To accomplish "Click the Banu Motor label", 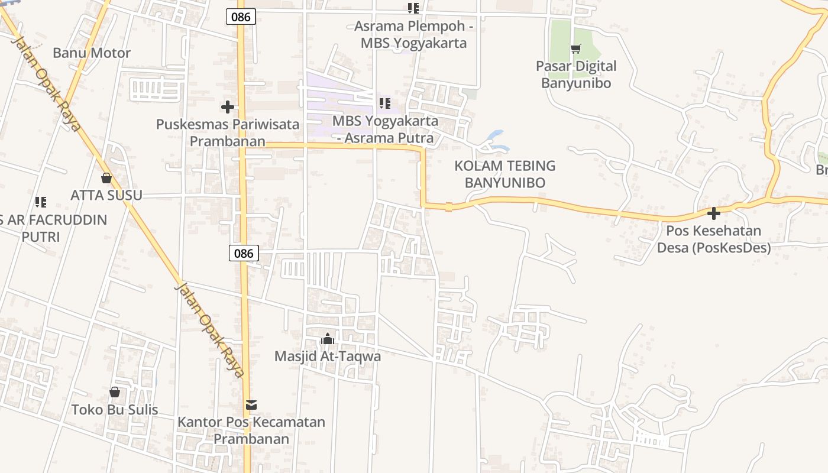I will (92, 53).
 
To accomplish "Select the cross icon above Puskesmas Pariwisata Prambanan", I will (227, 107).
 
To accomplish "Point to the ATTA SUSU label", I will (106, 195).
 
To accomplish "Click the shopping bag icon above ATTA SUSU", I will (106, 177).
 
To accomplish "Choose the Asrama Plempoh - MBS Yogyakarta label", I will (413, 35).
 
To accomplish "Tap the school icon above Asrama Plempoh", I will (413, 8).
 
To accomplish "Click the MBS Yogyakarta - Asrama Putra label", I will (386, 129).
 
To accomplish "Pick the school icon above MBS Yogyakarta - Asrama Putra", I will (385, 103).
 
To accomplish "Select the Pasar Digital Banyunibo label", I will (576, 74).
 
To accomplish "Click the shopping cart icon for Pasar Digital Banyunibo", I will (575, 48).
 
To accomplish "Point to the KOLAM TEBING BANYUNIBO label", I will (504, 174).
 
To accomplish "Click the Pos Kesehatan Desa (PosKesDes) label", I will (714, 239).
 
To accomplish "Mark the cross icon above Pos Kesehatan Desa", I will (714, 213).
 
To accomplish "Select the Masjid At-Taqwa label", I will (328, 357).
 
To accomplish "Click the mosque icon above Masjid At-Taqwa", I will (327, 339).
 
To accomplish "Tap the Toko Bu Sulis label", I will (115, 410).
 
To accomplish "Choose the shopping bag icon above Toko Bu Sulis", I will (115, 392).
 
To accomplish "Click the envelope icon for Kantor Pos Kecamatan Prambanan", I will (251, 405).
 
